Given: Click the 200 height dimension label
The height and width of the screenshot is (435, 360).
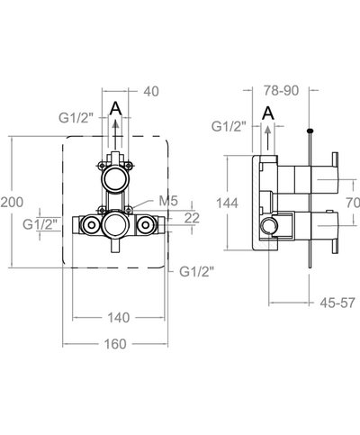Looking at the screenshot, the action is coord(12,203).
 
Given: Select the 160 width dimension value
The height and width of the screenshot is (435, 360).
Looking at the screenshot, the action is coord(115,344).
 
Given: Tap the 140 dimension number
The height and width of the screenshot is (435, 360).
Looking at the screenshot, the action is coord(119,318).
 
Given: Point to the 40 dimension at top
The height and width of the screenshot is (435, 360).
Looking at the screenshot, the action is coord(151,92).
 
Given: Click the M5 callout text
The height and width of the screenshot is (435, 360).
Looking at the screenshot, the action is coord(168,201).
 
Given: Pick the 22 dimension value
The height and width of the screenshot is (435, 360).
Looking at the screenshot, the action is coord(192,218).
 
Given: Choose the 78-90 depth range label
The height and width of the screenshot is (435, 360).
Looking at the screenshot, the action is coord(281,91).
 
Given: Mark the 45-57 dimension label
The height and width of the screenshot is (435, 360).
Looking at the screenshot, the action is coord(337,303).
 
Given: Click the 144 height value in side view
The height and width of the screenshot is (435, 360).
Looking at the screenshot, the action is coord(227,204).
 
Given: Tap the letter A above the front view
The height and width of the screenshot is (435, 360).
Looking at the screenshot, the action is coord(115,108).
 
